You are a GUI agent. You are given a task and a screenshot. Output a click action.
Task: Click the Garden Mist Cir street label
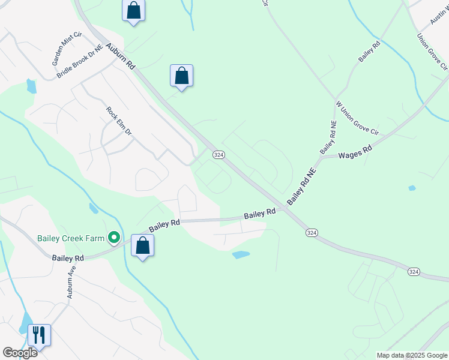[66, 49]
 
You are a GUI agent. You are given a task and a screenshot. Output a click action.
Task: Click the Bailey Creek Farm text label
[71, 238]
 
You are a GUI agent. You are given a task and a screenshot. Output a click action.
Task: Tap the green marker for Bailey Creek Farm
[113, 238]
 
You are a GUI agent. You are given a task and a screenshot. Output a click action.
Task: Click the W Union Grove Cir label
[357, 118]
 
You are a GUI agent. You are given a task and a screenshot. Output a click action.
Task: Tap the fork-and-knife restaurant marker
[39, 335]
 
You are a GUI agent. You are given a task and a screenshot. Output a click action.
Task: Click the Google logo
[20, 353]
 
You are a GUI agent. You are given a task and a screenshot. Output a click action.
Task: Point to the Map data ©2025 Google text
[411, 355]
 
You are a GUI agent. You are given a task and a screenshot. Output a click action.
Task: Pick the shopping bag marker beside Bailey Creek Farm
[142, 245]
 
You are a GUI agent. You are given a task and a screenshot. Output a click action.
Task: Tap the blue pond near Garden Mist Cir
[31, 86]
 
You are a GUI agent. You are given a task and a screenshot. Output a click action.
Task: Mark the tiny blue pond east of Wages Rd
[412, 188]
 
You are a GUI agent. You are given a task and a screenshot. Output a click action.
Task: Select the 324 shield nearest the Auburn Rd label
[218, 155]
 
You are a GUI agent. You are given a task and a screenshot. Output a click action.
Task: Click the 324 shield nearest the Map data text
[414, 272]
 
